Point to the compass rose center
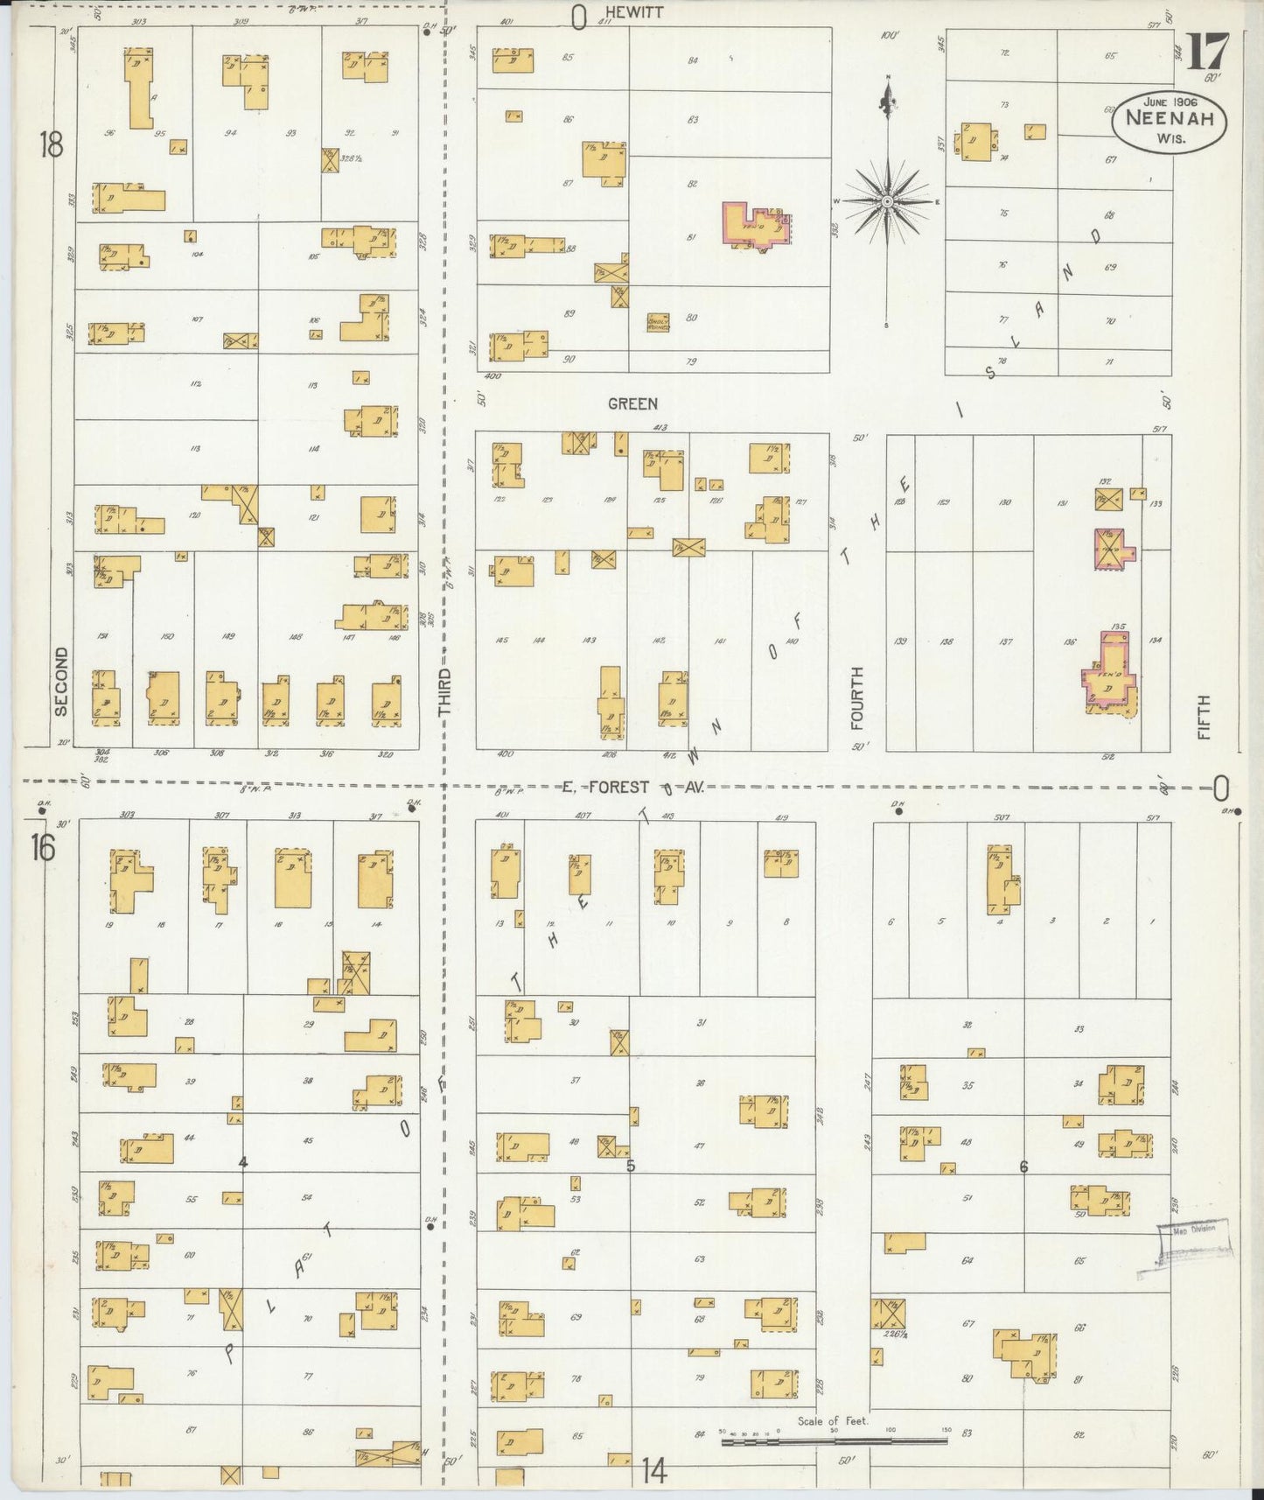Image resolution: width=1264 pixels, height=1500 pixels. pyautogui.click(x=888, y=201)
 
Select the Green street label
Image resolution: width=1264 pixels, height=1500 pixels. pyautogui.click(x=632, y=403)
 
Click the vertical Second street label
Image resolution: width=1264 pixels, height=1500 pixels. pyautogui.click(x=60, y=682)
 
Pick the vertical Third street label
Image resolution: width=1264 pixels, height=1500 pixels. pyautogui.click(x=445, y=693)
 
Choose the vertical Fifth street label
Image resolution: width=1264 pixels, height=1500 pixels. pyautogui.click(x=1205, y=717)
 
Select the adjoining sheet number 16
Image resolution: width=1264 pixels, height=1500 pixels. pyautogui.click(x=44, y=848)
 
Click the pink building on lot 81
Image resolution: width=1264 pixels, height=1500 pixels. pyautogui.click(x=754, y=226)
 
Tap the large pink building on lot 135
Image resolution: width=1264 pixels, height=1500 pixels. pyautogui.click(x=1109, y=672)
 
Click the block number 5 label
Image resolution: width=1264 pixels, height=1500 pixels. pyautogui.click(x=630, y=1165)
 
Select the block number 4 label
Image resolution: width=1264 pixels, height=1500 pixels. pyautogui.click(x=243, y=1162)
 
